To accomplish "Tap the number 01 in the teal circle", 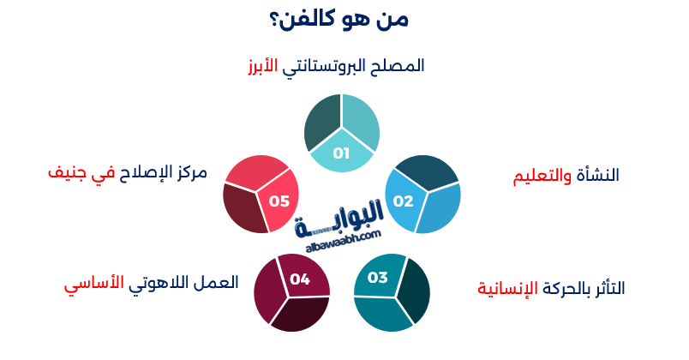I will point(341,154).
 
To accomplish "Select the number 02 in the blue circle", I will point(403,201).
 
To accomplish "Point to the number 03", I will point(378,277).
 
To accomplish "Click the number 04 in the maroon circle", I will point(299,279).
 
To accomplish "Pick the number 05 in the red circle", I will point(279,201).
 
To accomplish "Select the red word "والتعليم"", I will point(538,176).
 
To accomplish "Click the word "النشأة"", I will point(596,176).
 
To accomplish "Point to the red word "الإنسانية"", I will point(507,288).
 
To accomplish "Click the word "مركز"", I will point(189,171).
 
